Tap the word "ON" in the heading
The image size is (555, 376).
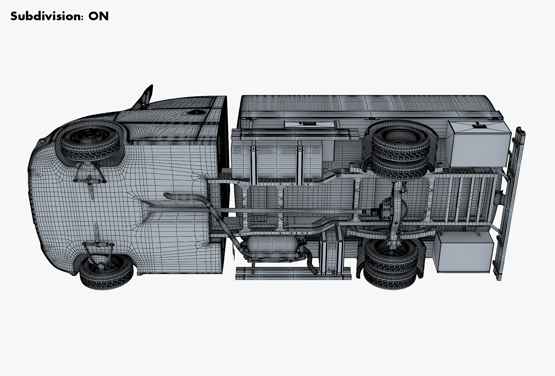coord(99,16)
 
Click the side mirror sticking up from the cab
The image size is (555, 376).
coord(145,97)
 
